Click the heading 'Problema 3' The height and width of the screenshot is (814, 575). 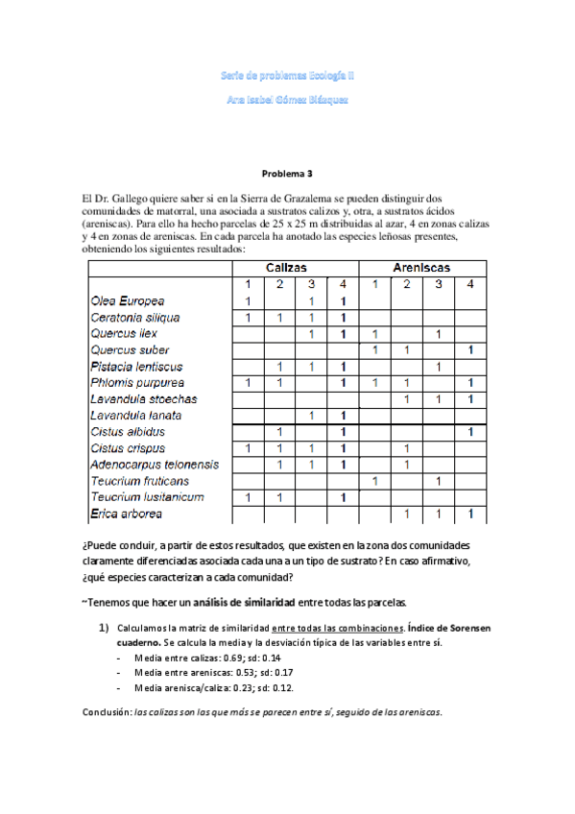coord(287,174)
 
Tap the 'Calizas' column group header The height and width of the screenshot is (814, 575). coord(295,268)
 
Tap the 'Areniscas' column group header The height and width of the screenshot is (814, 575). coord(422,268)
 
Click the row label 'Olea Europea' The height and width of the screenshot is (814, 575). coord(127,300)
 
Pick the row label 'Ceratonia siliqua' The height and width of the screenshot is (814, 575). coord(134,317)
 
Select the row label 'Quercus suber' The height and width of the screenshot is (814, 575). coord(130,350)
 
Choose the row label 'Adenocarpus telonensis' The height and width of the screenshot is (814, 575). coord(154,465)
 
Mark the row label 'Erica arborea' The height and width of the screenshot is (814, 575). coord(128,515)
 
